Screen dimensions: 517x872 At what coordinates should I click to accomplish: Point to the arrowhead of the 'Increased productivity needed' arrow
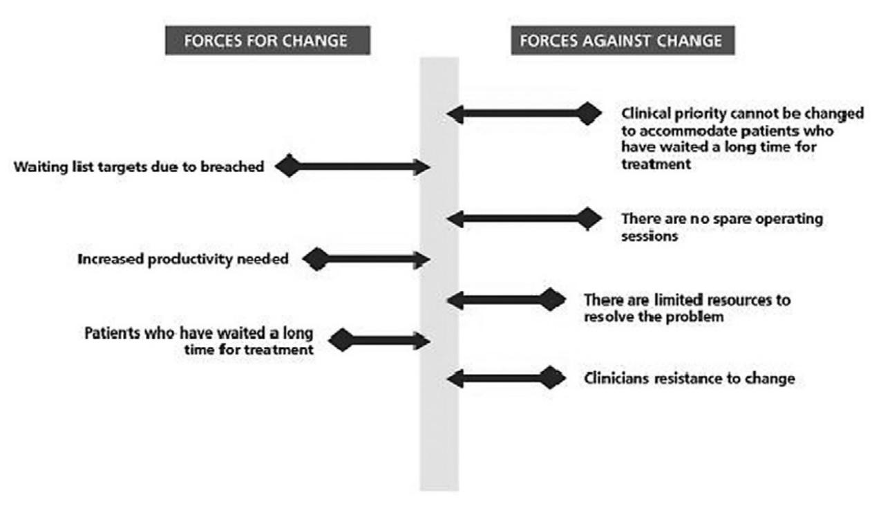(x=422, y=261)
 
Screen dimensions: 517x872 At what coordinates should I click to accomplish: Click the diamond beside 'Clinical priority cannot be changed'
(x=588, y=113)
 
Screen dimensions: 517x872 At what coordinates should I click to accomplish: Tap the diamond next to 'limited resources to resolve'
(x=551, y=300)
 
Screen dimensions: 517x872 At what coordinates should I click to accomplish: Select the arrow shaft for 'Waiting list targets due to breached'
(x=359, y=167)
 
